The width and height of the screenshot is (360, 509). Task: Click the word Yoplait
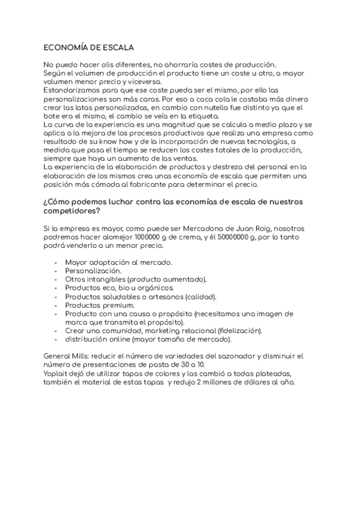(x=58, y=375)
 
